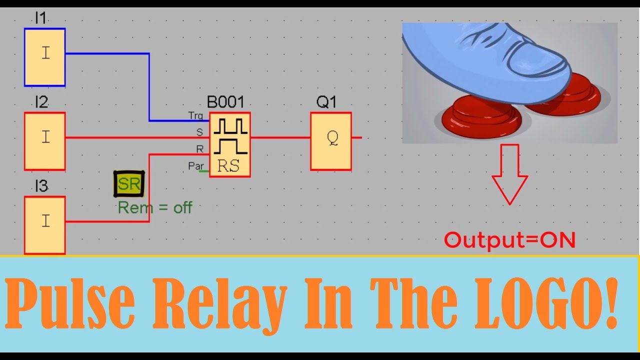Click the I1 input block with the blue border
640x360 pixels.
[x=44, y=57]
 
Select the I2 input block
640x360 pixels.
[x=44, y=141]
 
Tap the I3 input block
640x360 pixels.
[x=44, y=224]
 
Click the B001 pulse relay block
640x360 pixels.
[x=229, y=144]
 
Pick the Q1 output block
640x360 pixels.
[x=331, y=141]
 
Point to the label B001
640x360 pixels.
[x=225, y=102]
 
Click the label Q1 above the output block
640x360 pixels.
[x=326, y=102]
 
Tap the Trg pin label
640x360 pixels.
[x=195, y=116]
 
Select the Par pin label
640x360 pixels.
[x=195, y=166]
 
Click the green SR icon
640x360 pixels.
[x=129, y=184]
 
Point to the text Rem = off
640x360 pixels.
[x=155, y=207]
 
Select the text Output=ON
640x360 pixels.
[x=510, y=240]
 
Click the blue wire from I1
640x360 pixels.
[x=149, y=85]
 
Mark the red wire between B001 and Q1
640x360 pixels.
[x=280, y=137]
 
